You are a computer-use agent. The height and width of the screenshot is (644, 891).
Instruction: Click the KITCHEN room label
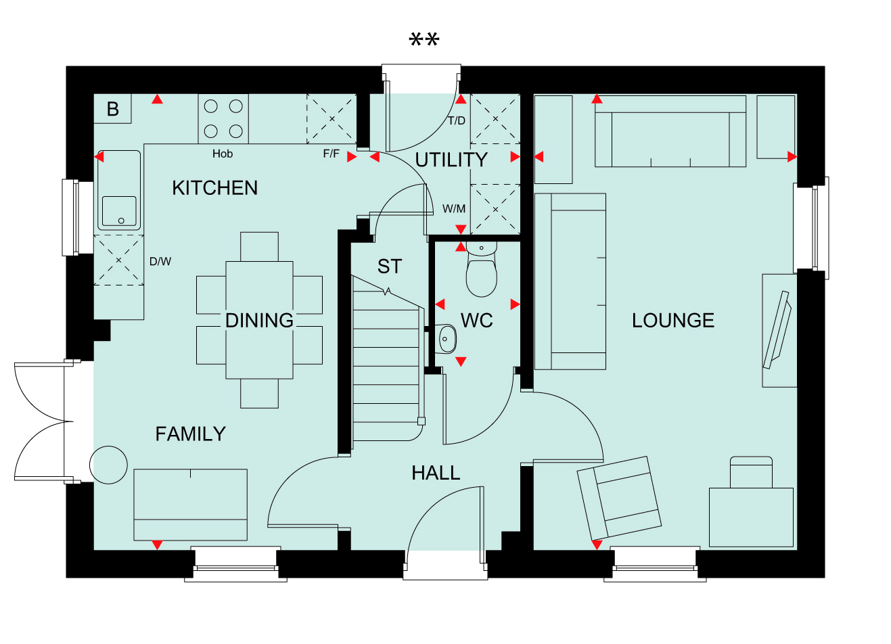click(x=214, y=188)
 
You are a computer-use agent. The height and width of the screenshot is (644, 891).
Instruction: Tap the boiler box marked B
click(x=112, y=109)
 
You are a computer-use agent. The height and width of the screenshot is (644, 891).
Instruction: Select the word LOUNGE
click(x=673, y=321)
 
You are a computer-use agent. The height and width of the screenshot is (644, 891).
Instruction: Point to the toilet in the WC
click(x=481, y=269)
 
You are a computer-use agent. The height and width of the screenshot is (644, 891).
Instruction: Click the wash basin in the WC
click(x=445, y=339)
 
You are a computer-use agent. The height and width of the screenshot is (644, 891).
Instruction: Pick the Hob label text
click(x=223, y=154)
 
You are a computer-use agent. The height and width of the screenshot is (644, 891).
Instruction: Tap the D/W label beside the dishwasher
click(x=160, y=261)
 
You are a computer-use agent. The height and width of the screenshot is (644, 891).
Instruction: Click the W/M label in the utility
click(x=454, y=208)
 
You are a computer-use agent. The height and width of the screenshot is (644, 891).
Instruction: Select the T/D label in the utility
click(x=456, y=120)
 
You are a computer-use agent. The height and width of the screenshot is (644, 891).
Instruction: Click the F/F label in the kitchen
click(x=332, y=154)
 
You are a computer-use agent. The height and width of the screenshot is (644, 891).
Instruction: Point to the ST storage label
click(x=390, y=267)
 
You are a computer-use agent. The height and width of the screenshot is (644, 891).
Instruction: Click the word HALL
click(x=436, y=474)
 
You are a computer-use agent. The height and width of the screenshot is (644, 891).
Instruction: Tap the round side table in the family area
click(x=108, y=465)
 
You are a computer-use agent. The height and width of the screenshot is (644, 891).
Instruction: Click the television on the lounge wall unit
click(x=777, y=330)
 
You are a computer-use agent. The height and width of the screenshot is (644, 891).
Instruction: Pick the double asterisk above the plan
click(x=424, y=39)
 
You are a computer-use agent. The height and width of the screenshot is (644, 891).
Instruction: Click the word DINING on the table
click(x=259, y=321)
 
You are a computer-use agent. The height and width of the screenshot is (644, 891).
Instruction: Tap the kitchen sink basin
click(x=119, y=211)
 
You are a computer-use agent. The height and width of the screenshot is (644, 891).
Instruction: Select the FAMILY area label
click(x=191, y=434)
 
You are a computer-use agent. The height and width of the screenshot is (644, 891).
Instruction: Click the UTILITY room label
click(x=451, y=160)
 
